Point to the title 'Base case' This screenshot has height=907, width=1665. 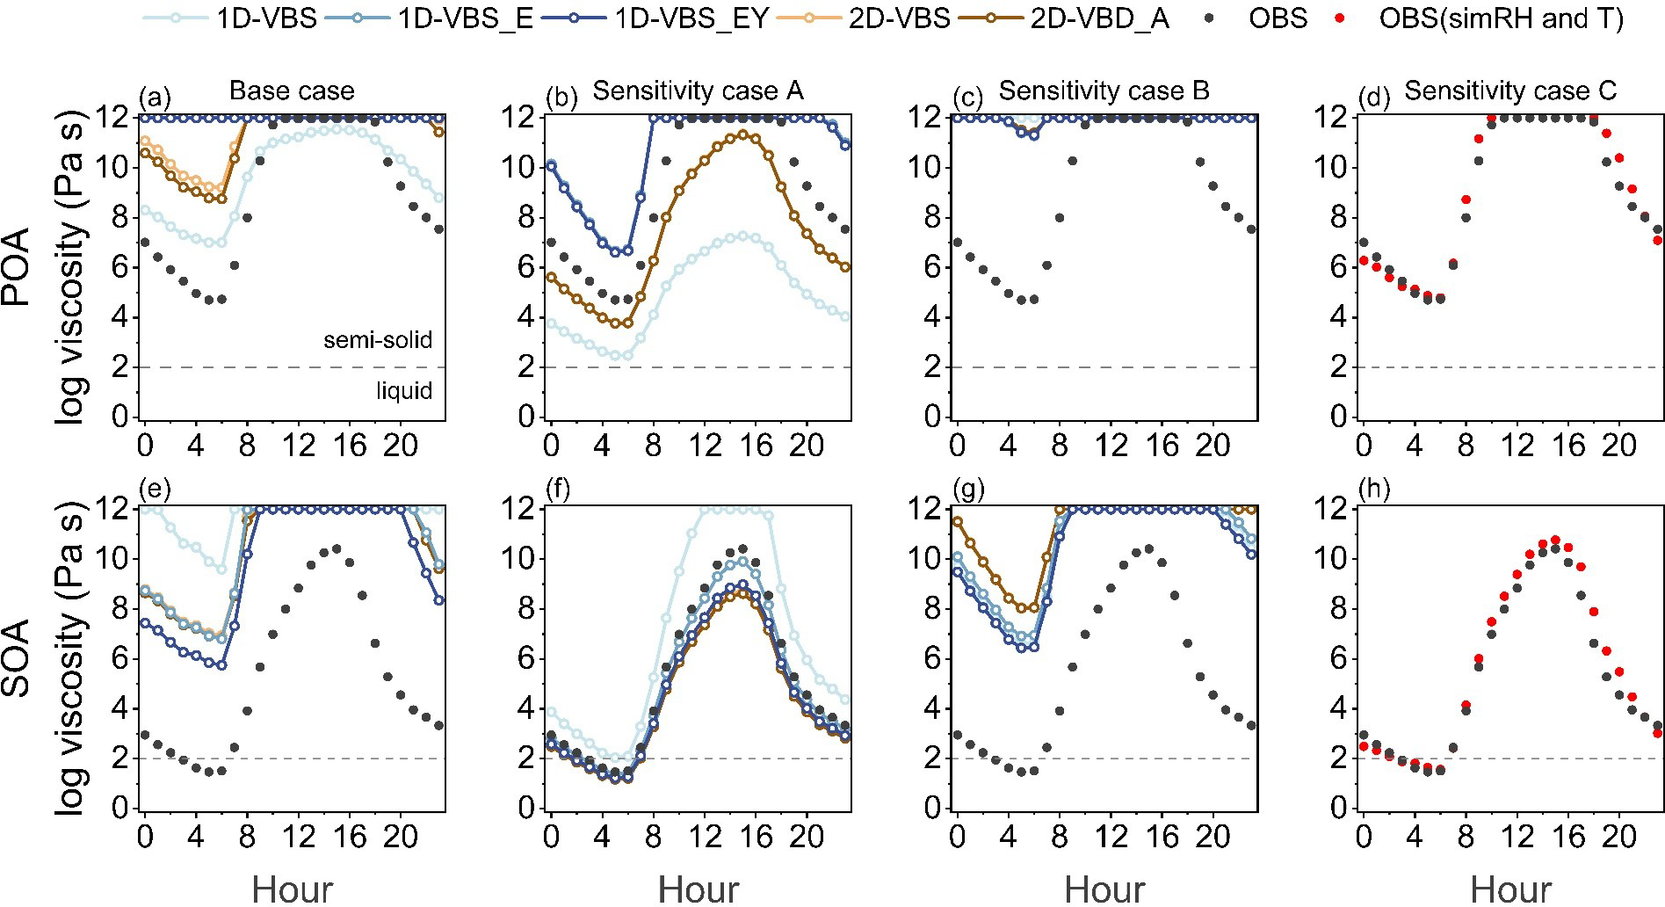coord(292,91)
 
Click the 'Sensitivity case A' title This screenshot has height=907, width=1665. coord(698,91)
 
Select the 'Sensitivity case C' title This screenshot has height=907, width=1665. coord(1509,91)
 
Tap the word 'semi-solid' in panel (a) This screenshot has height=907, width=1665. coord(378,340)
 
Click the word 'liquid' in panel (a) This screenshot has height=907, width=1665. coord(403,390)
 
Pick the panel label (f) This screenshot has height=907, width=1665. coord(558,490)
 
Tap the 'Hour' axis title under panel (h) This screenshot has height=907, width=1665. coord(1510,889)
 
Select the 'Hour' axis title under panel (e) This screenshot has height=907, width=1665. coord(292,889)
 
